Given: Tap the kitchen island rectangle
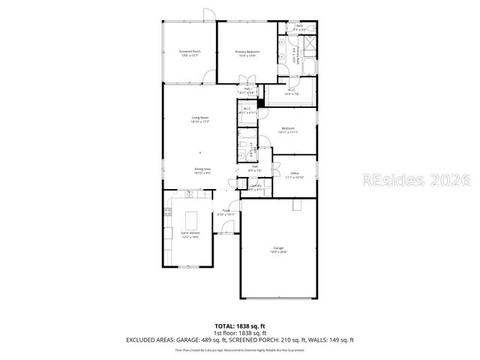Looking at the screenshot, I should click(191, 220).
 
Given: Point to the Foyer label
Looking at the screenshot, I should click(226, 212).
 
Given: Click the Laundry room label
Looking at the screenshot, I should click(256, 187).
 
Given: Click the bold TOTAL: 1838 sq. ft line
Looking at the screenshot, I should click(240, 325).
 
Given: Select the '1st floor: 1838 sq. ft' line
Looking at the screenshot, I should click(240, 332).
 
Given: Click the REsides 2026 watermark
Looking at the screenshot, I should click(416, 181).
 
